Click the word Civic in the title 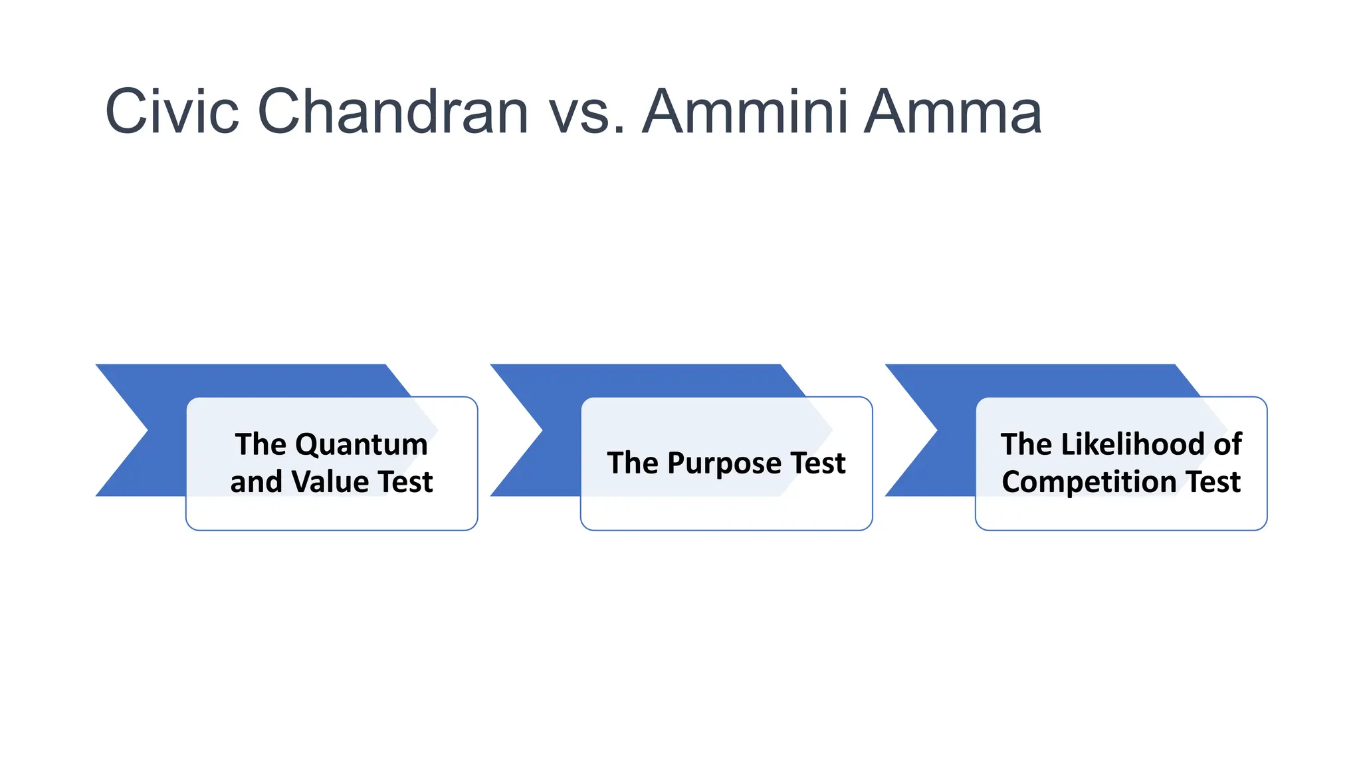(171, 112)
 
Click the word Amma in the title (953, 112)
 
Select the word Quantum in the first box (362, 444)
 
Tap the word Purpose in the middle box (724, 463)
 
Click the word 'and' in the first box (256, 481)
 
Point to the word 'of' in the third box (1227, 444)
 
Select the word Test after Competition (1213, 481)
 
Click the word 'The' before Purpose (632, 463)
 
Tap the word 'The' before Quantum (260, 444)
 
